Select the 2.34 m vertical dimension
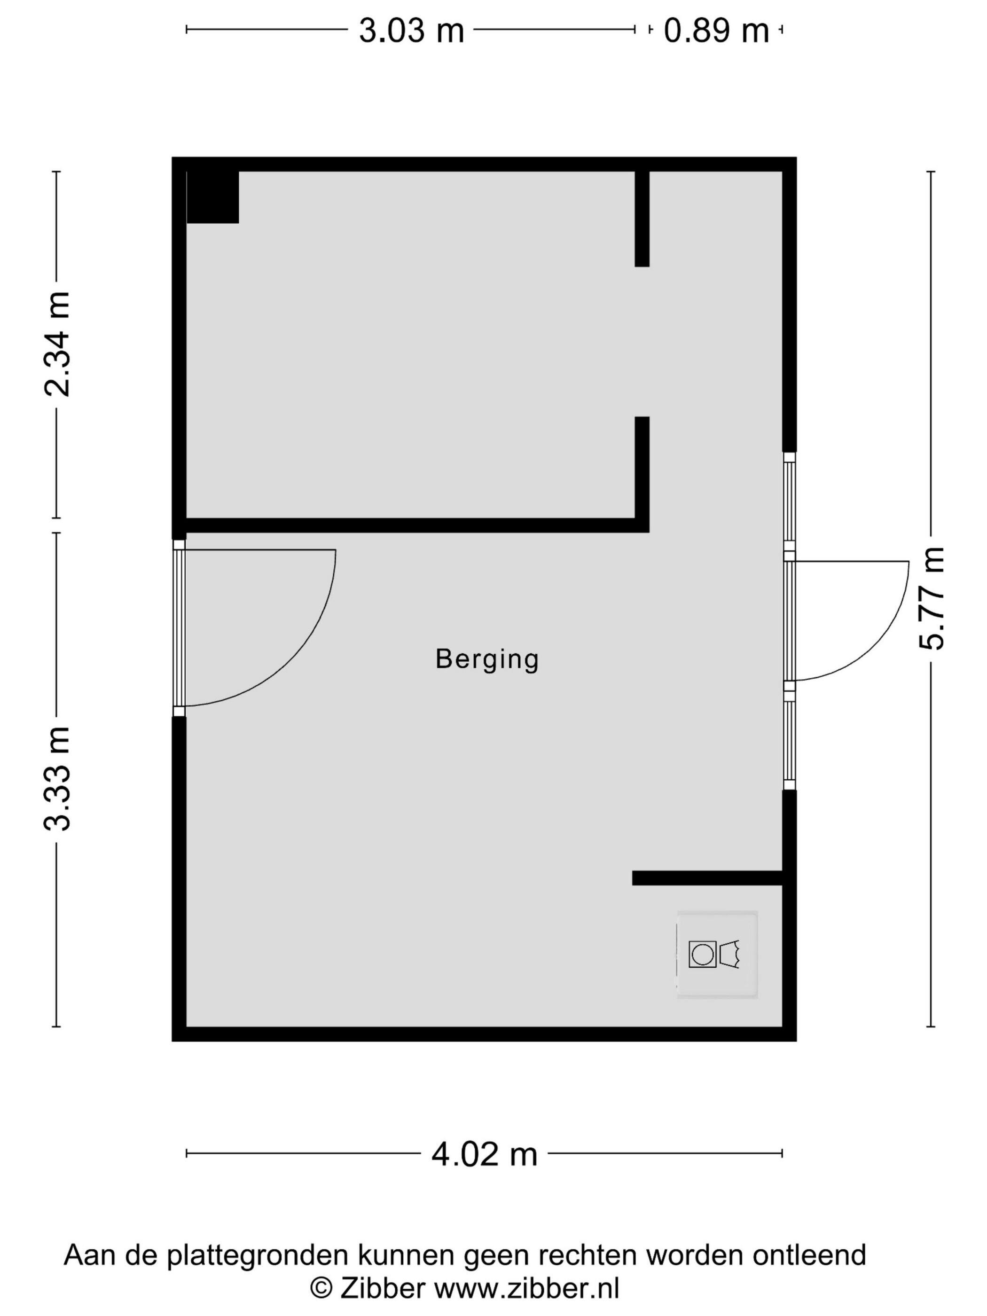coord(58,344)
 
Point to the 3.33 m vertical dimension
coord(58,778)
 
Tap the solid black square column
coord(212,197)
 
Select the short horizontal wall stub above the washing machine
coord(707,878)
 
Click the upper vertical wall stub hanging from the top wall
coord(642,219)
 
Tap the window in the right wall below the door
coord(789,740)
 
